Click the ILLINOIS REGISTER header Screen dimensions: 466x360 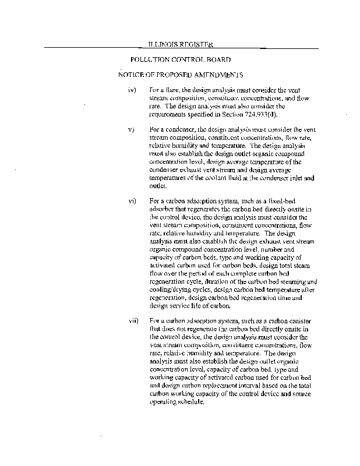pos(179,44)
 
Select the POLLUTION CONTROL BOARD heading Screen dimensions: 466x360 pos(181,59)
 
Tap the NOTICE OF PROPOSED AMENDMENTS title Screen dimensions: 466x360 pos(180,75)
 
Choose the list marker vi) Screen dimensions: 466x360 pos(132,200)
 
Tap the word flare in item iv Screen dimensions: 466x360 pos(173,90)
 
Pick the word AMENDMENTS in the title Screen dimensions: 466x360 pos(215,75)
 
